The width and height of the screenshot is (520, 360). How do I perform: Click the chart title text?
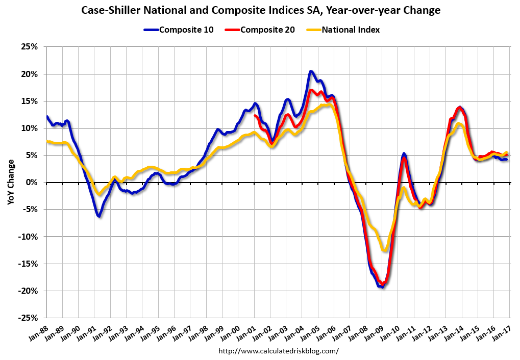point(260,10)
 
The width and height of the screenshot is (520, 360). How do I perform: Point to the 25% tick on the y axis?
point(29,47)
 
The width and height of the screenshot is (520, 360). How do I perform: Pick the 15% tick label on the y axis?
point(29,101)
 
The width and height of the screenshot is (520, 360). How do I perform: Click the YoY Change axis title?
point(11,183)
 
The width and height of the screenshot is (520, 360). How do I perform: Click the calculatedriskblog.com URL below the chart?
point(279,351)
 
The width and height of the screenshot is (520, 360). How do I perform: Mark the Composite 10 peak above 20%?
point(311,71)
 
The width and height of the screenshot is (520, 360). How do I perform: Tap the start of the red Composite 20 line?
point(254,116)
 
